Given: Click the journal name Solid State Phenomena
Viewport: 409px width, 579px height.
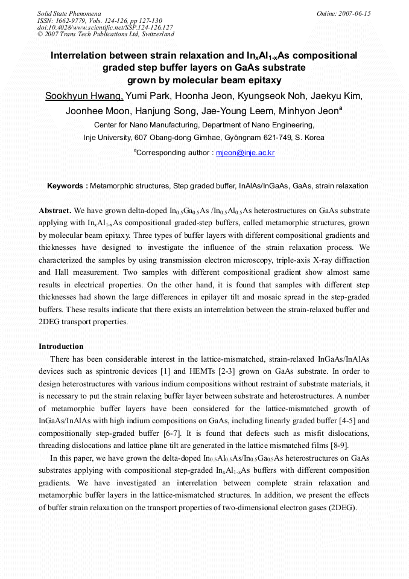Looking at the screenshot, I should [x=69, y=13].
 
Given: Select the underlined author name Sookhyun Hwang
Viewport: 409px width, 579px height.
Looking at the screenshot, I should [x=84, y=97].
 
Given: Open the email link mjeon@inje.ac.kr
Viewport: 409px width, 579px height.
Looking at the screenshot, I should [x=245, y=153].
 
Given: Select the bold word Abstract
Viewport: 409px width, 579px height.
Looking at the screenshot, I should [x=55, y=211].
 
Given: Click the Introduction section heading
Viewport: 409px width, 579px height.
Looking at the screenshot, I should [x=61, y=347].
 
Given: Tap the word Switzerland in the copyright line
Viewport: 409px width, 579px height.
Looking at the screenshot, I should [x=157, y=34].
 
